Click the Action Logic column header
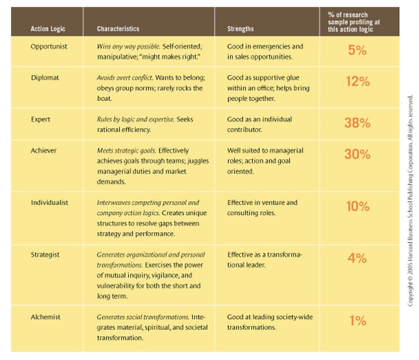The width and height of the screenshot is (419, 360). tap(48, 29)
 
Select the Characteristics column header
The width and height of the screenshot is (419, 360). tap(118, 29)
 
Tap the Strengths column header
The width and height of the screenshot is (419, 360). tap(240, 29)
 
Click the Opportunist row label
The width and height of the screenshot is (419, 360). tap(49, 46)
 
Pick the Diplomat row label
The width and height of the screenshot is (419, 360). tap(45, 78)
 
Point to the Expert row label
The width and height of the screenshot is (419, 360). tap(41, 119)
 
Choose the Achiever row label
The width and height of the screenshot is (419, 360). tap(44, 151)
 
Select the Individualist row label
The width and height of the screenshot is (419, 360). tap(50, 203)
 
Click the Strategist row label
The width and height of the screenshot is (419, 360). tap(45, 255)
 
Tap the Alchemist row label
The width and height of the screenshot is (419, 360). tap(45, 317)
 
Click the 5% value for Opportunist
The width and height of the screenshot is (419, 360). tap(357, 50)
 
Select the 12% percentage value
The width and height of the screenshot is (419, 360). tap(358, 81)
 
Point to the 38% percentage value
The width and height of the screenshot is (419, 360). tap(357, 123)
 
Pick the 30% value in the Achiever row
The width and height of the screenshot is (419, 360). tap(357, 154)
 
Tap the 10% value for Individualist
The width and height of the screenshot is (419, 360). tap(358, 206)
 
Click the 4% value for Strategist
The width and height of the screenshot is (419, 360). tap(357, 258)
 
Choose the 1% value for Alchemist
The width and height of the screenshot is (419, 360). tap(358, 321)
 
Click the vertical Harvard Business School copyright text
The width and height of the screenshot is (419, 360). tap(411, 201)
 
